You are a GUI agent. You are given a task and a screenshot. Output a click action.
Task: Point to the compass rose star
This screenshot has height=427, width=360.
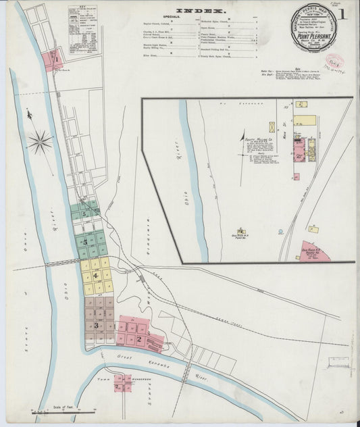pos(40,141)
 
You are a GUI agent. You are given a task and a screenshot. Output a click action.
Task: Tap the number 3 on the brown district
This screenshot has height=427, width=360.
pos(97,326)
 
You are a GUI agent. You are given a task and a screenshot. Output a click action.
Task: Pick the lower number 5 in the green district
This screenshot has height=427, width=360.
pos(85,241)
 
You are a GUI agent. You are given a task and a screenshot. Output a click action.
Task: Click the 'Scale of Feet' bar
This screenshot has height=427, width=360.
pos(64,409)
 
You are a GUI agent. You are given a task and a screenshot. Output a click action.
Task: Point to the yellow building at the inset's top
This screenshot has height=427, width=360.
pos(304,120)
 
